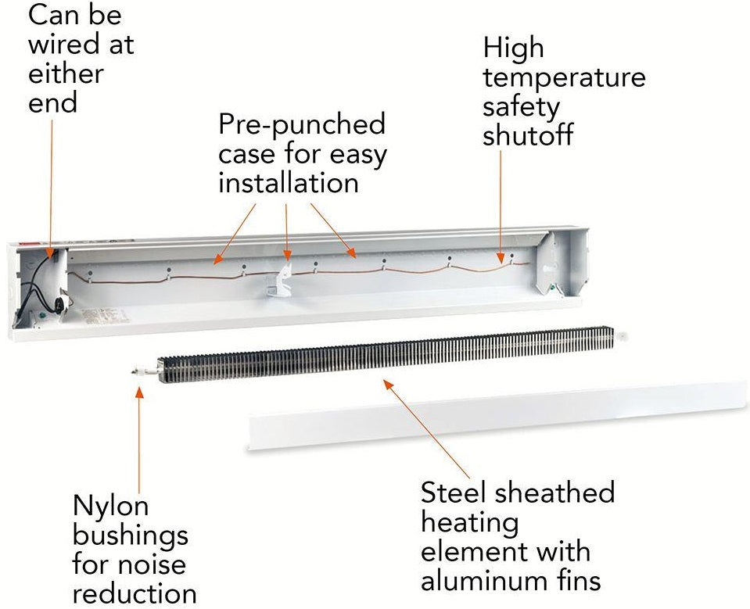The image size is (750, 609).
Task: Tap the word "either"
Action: pyautogui.click(x=66, y=74)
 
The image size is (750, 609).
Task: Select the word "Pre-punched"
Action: pyautogui.click(x=302, y=124)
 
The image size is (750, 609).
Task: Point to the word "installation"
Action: pyautogui.click(x=288, y=183)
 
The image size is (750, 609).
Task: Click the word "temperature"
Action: pyautogui.click(x=564, y=77)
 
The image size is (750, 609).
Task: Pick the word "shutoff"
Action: pyautogui.click(x=528, y=135)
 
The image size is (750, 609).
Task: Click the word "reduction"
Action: pyautogui.click(x=134, y=591)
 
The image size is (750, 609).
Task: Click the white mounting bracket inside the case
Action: pyautogui.click(x=280, y=279)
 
